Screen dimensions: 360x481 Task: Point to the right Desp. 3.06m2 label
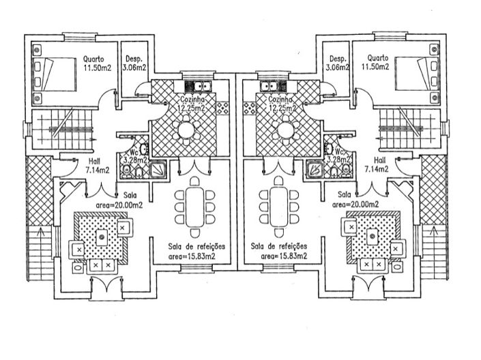coord(338,63)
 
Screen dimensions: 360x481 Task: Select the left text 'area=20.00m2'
coord(119,203)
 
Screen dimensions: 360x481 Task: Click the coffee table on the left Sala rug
coord(102,237)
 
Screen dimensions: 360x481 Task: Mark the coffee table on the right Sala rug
coord(372,237)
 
